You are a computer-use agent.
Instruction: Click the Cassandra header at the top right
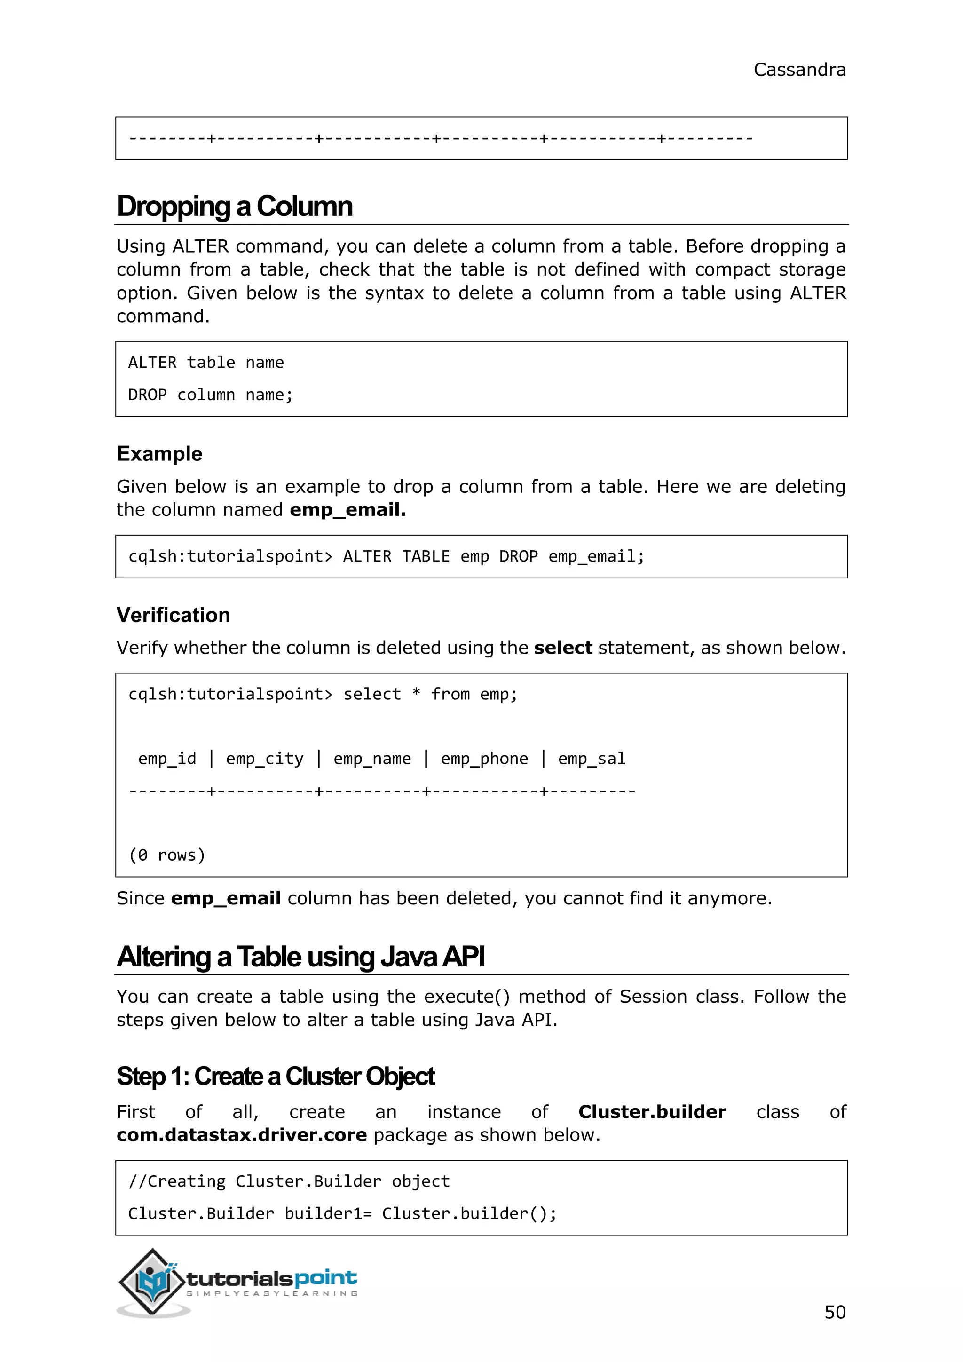(x=799, y=70)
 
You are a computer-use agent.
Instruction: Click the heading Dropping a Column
(x=235, y=206)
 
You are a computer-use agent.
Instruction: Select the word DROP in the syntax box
(x=147, y=395)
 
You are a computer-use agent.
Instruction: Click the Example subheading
(x=159, y=454)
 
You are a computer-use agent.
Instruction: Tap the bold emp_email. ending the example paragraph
(x=347, y=509)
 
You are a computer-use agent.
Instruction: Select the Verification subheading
(x=173, y=615)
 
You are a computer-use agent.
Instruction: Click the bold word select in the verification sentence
(x=563, y=648)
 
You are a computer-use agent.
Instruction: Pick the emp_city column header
(x=264, y=759)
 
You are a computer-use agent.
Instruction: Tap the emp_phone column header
(x=484, y=759)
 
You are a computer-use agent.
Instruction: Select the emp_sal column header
(x=591, y=759)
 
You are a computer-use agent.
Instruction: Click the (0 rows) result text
(x=166, y=855)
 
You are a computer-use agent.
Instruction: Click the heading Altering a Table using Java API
(x=300, y=957)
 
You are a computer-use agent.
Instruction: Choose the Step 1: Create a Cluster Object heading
(x=276, y=1076)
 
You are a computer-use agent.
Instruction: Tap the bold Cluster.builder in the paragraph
(x=652, y=1112)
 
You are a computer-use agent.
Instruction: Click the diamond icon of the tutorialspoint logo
(x=152, y=1281)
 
